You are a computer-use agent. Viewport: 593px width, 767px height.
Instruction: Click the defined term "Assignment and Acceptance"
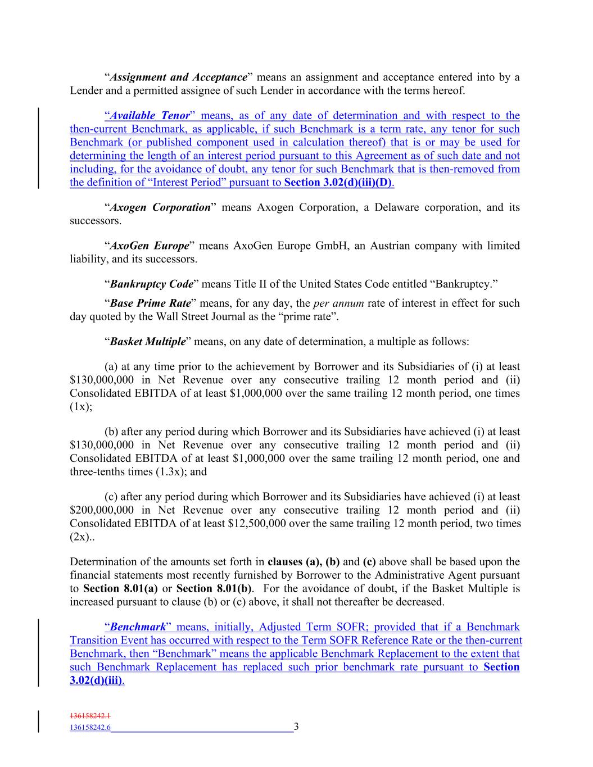[x=178, y=77]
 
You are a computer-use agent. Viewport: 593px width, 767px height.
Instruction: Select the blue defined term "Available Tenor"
[x=150, y=116]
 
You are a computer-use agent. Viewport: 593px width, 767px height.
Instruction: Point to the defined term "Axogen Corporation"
[x=160, y=207]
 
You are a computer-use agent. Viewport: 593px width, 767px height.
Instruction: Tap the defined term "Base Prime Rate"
[x=151, y=303]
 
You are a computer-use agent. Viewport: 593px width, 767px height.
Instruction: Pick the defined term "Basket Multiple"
[x=148, y=342]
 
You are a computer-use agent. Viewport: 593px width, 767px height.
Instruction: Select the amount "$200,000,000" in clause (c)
[x=102, y=510]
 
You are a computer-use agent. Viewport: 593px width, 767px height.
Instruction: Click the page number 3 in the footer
[x=296, y=727]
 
